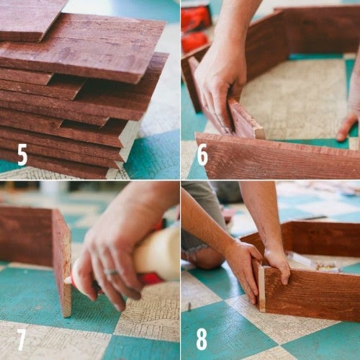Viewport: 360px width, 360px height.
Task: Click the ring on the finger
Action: [x=111, y=272]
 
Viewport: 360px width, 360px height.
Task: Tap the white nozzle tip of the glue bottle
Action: [x=68, y=280]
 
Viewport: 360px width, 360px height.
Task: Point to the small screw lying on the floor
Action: [x=189, y=307]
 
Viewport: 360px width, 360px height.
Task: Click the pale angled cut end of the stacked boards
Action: [x=127, y=142]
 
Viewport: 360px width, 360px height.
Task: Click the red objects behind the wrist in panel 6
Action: [x=195, y=27]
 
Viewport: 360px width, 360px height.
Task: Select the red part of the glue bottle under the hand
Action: [x=151, y=279]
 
